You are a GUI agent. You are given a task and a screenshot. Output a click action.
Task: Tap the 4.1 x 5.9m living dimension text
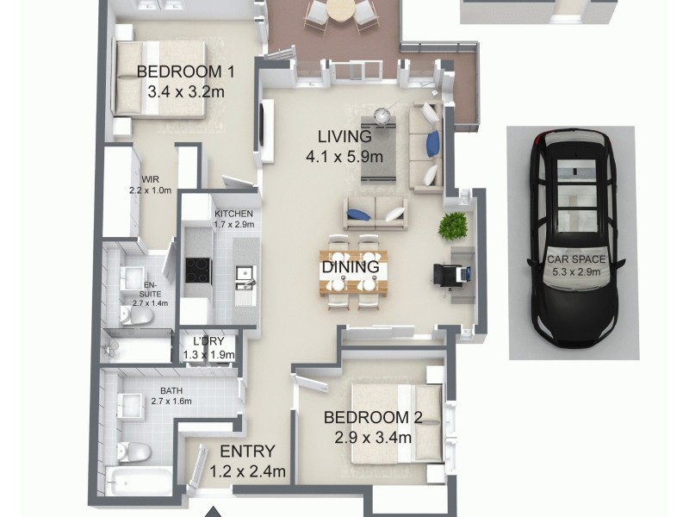coord(344,157)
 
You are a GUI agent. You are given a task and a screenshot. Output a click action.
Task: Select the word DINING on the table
coord(351,266)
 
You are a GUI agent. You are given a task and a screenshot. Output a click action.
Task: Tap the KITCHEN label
coord(233,214)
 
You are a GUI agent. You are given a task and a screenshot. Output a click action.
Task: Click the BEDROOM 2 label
coord(372,418)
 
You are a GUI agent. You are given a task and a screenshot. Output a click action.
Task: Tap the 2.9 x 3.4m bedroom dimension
coord(372,437)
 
